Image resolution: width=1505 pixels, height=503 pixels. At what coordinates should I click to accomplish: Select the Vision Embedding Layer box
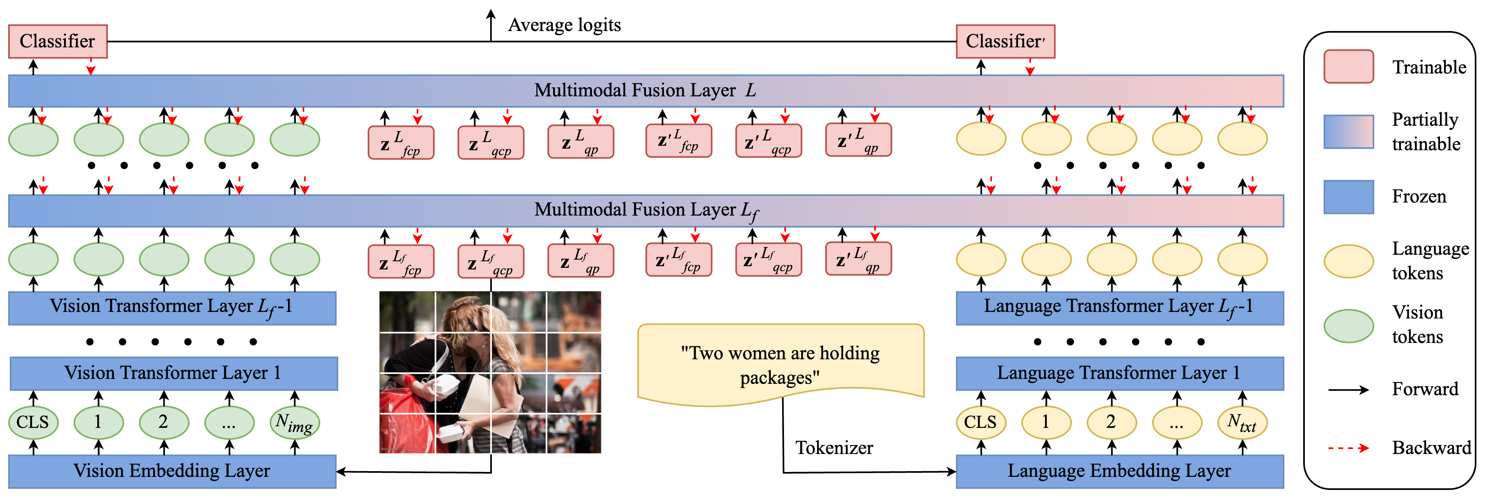click(172, 471)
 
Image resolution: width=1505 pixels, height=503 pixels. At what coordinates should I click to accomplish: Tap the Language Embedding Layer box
click(1119, 471)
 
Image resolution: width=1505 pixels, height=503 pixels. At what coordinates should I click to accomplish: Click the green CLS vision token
click(33, 422)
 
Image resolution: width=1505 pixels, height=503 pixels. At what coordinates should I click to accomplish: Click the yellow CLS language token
click(980, 422)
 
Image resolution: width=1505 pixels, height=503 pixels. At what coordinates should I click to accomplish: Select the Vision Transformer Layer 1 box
click(173, 373)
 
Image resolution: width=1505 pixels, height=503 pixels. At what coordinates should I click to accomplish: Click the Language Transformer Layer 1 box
click(1119, 373)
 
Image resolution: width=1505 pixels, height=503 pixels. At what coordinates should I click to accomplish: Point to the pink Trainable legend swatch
click(1349, 67)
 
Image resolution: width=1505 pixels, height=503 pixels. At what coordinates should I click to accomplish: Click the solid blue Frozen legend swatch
click(1349, 197)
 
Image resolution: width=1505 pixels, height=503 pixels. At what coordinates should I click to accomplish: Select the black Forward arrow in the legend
click(1349, 389)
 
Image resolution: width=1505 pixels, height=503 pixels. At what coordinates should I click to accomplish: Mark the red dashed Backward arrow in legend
click(1349, 448)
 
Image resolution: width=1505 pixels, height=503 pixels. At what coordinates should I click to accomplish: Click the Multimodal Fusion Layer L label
click(645, 91)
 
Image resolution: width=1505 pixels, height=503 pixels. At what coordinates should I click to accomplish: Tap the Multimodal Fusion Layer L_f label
click(645, 210)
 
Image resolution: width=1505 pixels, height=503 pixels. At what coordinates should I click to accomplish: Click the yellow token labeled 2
click(1111, 422)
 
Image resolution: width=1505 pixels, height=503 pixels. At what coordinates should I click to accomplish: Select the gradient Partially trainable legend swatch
click(1349, 131)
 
